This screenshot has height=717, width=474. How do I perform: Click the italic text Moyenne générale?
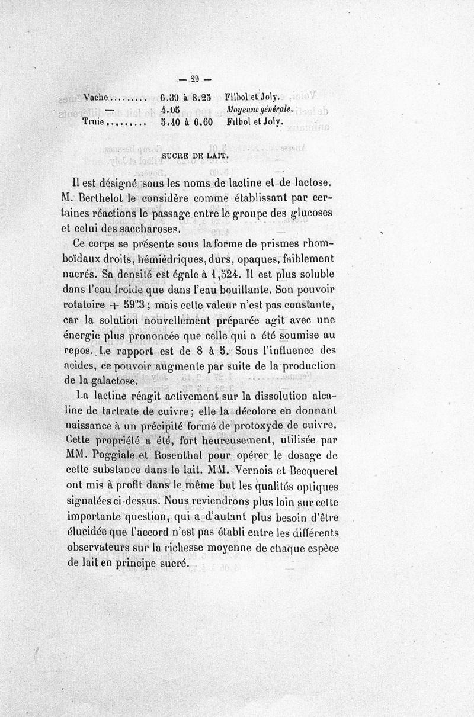point(260,110)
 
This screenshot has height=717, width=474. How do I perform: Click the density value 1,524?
point(222,274)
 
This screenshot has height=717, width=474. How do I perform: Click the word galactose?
point(112,382)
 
